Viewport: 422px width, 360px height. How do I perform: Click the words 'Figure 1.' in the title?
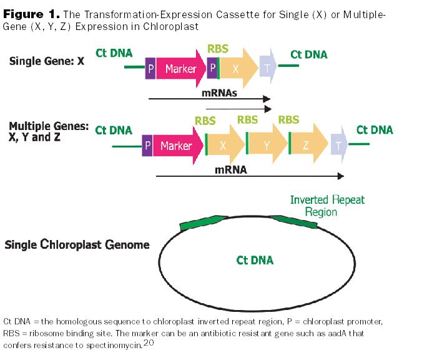click(32, 14)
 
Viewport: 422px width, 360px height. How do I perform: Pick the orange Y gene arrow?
click(267, 146)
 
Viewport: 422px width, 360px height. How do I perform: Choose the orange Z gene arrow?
click(307, 146)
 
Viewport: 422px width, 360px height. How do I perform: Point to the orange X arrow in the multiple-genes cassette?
click(223, 146)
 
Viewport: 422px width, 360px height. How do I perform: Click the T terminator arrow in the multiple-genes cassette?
click(339, 146)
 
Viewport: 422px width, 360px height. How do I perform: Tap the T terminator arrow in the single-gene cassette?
click(268, 68)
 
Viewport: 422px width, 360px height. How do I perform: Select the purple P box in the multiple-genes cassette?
click(147, 146)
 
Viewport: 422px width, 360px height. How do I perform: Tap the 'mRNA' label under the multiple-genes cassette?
click(232, 169)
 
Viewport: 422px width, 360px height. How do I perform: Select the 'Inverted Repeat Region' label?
click(327, 206)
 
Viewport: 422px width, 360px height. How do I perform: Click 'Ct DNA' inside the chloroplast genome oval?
click(255, 259)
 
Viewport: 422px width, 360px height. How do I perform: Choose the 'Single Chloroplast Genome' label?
click(77, 244)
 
